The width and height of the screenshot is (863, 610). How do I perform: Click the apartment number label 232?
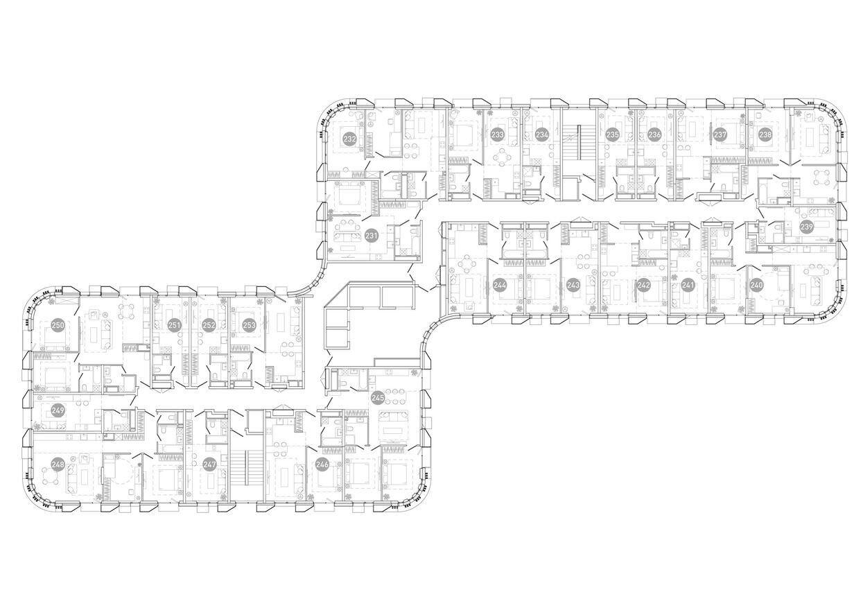point(349,139)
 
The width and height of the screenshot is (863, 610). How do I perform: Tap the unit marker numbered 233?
point(497,134)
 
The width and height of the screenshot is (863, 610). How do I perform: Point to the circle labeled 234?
point(542,134)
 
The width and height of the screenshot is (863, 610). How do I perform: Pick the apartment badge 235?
point(612,134)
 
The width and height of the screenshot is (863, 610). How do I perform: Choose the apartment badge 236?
point(654,134)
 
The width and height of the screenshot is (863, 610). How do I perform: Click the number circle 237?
point(721,134)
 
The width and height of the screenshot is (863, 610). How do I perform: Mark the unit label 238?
point(765,134)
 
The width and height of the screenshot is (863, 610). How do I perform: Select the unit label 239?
point(806,227)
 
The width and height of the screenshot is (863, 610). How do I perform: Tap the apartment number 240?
point(756,284)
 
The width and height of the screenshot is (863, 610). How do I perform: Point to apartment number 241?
point(688,284)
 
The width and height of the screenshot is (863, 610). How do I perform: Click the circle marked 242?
point(644,284)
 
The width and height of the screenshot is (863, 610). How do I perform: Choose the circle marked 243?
point(573,284)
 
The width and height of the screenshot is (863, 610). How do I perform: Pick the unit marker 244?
point(499,284)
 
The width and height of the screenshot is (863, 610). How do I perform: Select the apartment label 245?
point(378,397)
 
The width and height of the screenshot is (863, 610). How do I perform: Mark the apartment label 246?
point(322,464)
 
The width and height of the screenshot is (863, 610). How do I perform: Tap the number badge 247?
point(209,464)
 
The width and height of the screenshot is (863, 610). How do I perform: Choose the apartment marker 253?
point(248,324)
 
